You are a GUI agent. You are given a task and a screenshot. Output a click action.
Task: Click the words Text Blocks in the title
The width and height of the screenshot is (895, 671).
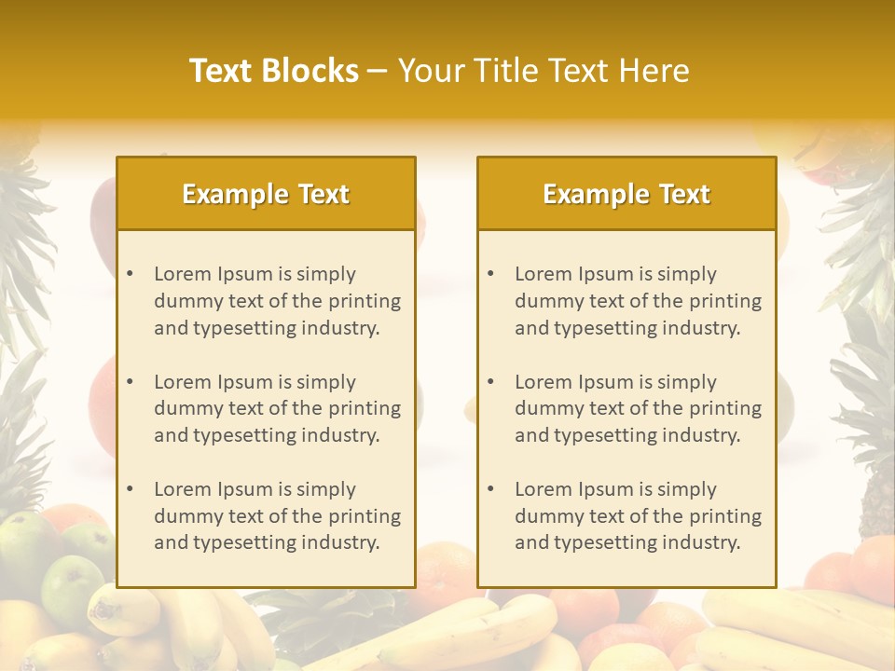point(273,71)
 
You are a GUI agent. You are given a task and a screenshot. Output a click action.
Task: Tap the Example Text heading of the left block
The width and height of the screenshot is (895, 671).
point(266,194)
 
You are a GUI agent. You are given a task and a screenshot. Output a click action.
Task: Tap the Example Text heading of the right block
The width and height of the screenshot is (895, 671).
point(626,194)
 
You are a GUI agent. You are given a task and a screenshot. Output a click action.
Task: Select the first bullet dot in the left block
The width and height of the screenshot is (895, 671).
point(131,274)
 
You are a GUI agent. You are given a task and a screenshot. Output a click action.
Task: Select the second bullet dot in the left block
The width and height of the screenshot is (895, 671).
point(131,382)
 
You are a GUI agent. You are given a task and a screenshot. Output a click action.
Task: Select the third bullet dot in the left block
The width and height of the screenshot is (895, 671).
point(131,489)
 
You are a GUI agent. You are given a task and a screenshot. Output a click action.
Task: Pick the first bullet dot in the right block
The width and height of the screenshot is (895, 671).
point(491,274)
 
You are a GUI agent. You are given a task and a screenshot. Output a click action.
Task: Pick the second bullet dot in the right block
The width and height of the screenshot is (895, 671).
point(491,382)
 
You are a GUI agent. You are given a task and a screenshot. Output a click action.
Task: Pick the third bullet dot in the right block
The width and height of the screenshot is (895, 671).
point(491,489)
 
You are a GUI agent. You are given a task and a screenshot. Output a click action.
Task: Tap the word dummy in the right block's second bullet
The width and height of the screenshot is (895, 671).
point(544,408)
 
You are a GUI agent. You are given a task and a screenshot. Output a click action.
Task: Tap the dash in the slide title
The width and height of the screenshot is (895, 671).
point(378,71)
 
